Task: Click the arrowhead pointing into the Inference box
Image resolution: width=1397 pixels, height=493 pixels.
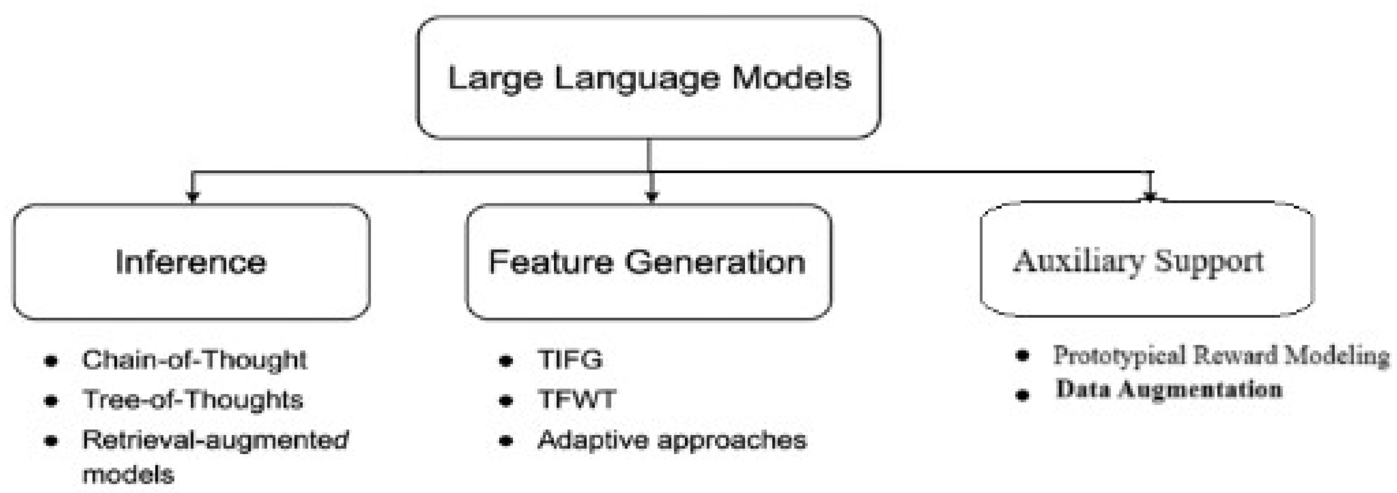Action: pyautogui.click(x=192, y=197)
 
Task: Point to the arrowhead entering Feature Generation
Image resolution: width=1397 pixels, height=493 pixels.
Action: pyautogui.click(x=652, y=197)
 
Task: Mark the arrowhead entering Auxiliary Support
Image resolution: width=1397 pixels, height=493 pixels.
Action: pyautogui.click(x=1150, y=196)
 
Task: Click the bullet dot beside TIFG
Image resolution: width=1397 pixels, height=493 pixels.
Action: pyautogui.click(x=506, y=361)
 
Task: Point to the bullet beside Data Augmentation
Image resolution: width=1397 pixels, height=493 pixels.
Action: pyautogui.click(x=1022, y=395)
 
